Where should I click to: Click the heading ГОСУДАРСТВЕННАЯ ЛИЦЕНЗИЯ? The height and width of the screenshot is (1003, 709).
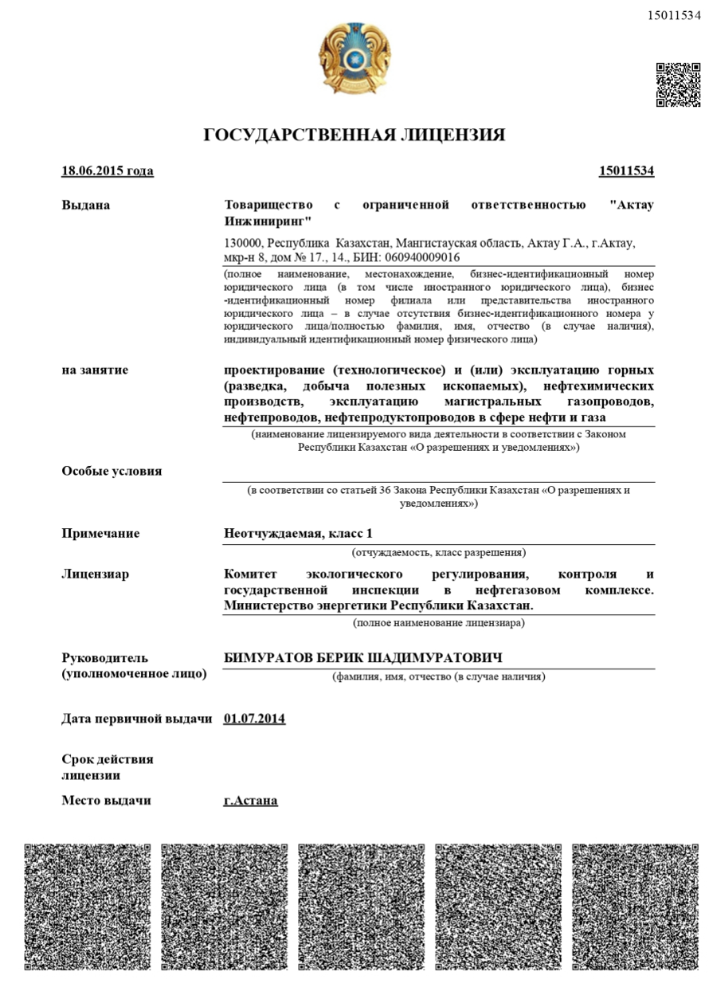354,135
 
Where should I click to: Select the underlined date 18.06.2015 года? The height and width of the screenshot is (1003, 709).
108,171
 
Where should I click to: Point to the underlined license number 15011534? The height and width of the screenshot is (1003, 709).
626,171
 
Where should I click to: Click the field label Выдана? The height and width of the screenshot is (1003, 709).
86,206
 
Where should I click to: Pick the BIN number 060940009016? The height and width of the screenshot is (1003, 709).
422,258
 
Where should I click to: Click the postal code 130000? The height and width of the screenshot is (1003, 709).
243,244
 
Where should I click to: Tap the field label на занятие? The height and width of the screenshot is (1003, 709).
95,370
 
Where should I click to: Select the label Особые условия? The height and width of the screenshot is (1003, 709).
112,471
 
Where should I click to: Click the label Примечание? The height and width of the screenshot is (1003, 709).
100,534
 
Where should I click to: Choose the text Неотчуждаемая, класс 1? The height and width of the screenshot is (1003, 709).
298,534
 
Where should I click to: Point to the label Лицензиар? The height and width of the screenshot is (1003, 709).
95,574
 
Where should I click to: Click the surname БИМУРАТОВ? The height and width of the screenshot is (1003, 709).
263,658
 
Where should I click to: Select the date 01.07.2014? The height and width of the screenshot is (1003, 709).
255,719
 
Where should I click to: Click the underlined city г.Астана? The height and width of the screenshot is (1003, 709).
251,801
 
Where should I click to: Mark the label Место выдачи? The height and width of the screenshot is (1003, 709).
106,801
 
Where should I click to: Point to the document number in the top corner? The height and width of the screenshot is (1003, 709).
674,15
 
